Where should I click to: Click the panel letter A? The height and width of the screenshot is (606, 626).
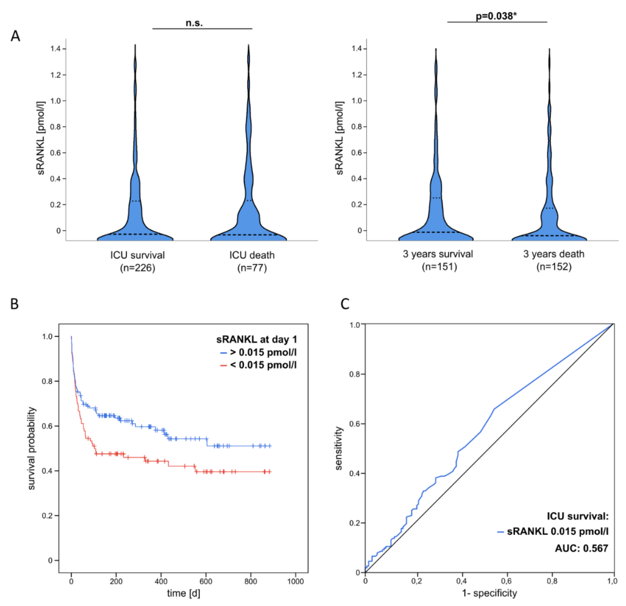15,36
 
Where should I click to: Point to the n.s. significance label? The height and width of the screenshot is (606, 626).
194,23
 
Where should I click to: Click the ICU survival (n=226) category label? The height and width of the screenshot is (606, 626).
138,261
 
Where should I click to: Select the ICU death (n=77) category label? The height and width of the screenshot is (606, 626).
252,261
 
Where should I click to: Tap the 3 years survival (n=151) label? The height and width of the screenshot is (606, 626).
438,260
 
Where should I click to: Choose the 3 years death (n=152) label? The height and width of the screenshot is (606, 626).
554,260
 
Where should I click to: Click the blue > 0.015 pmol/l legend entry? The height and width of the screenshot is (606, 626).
259,352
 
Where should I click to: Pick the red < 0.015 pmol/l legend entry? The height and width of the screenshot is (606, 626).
259,365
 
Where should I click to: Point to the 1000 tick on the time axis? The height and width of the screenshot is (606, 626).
295,581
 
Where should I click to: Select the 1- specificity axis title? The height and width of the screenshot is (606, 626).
489,593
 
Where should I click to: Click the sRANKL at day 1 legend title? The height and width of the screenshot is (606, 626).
257,339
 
